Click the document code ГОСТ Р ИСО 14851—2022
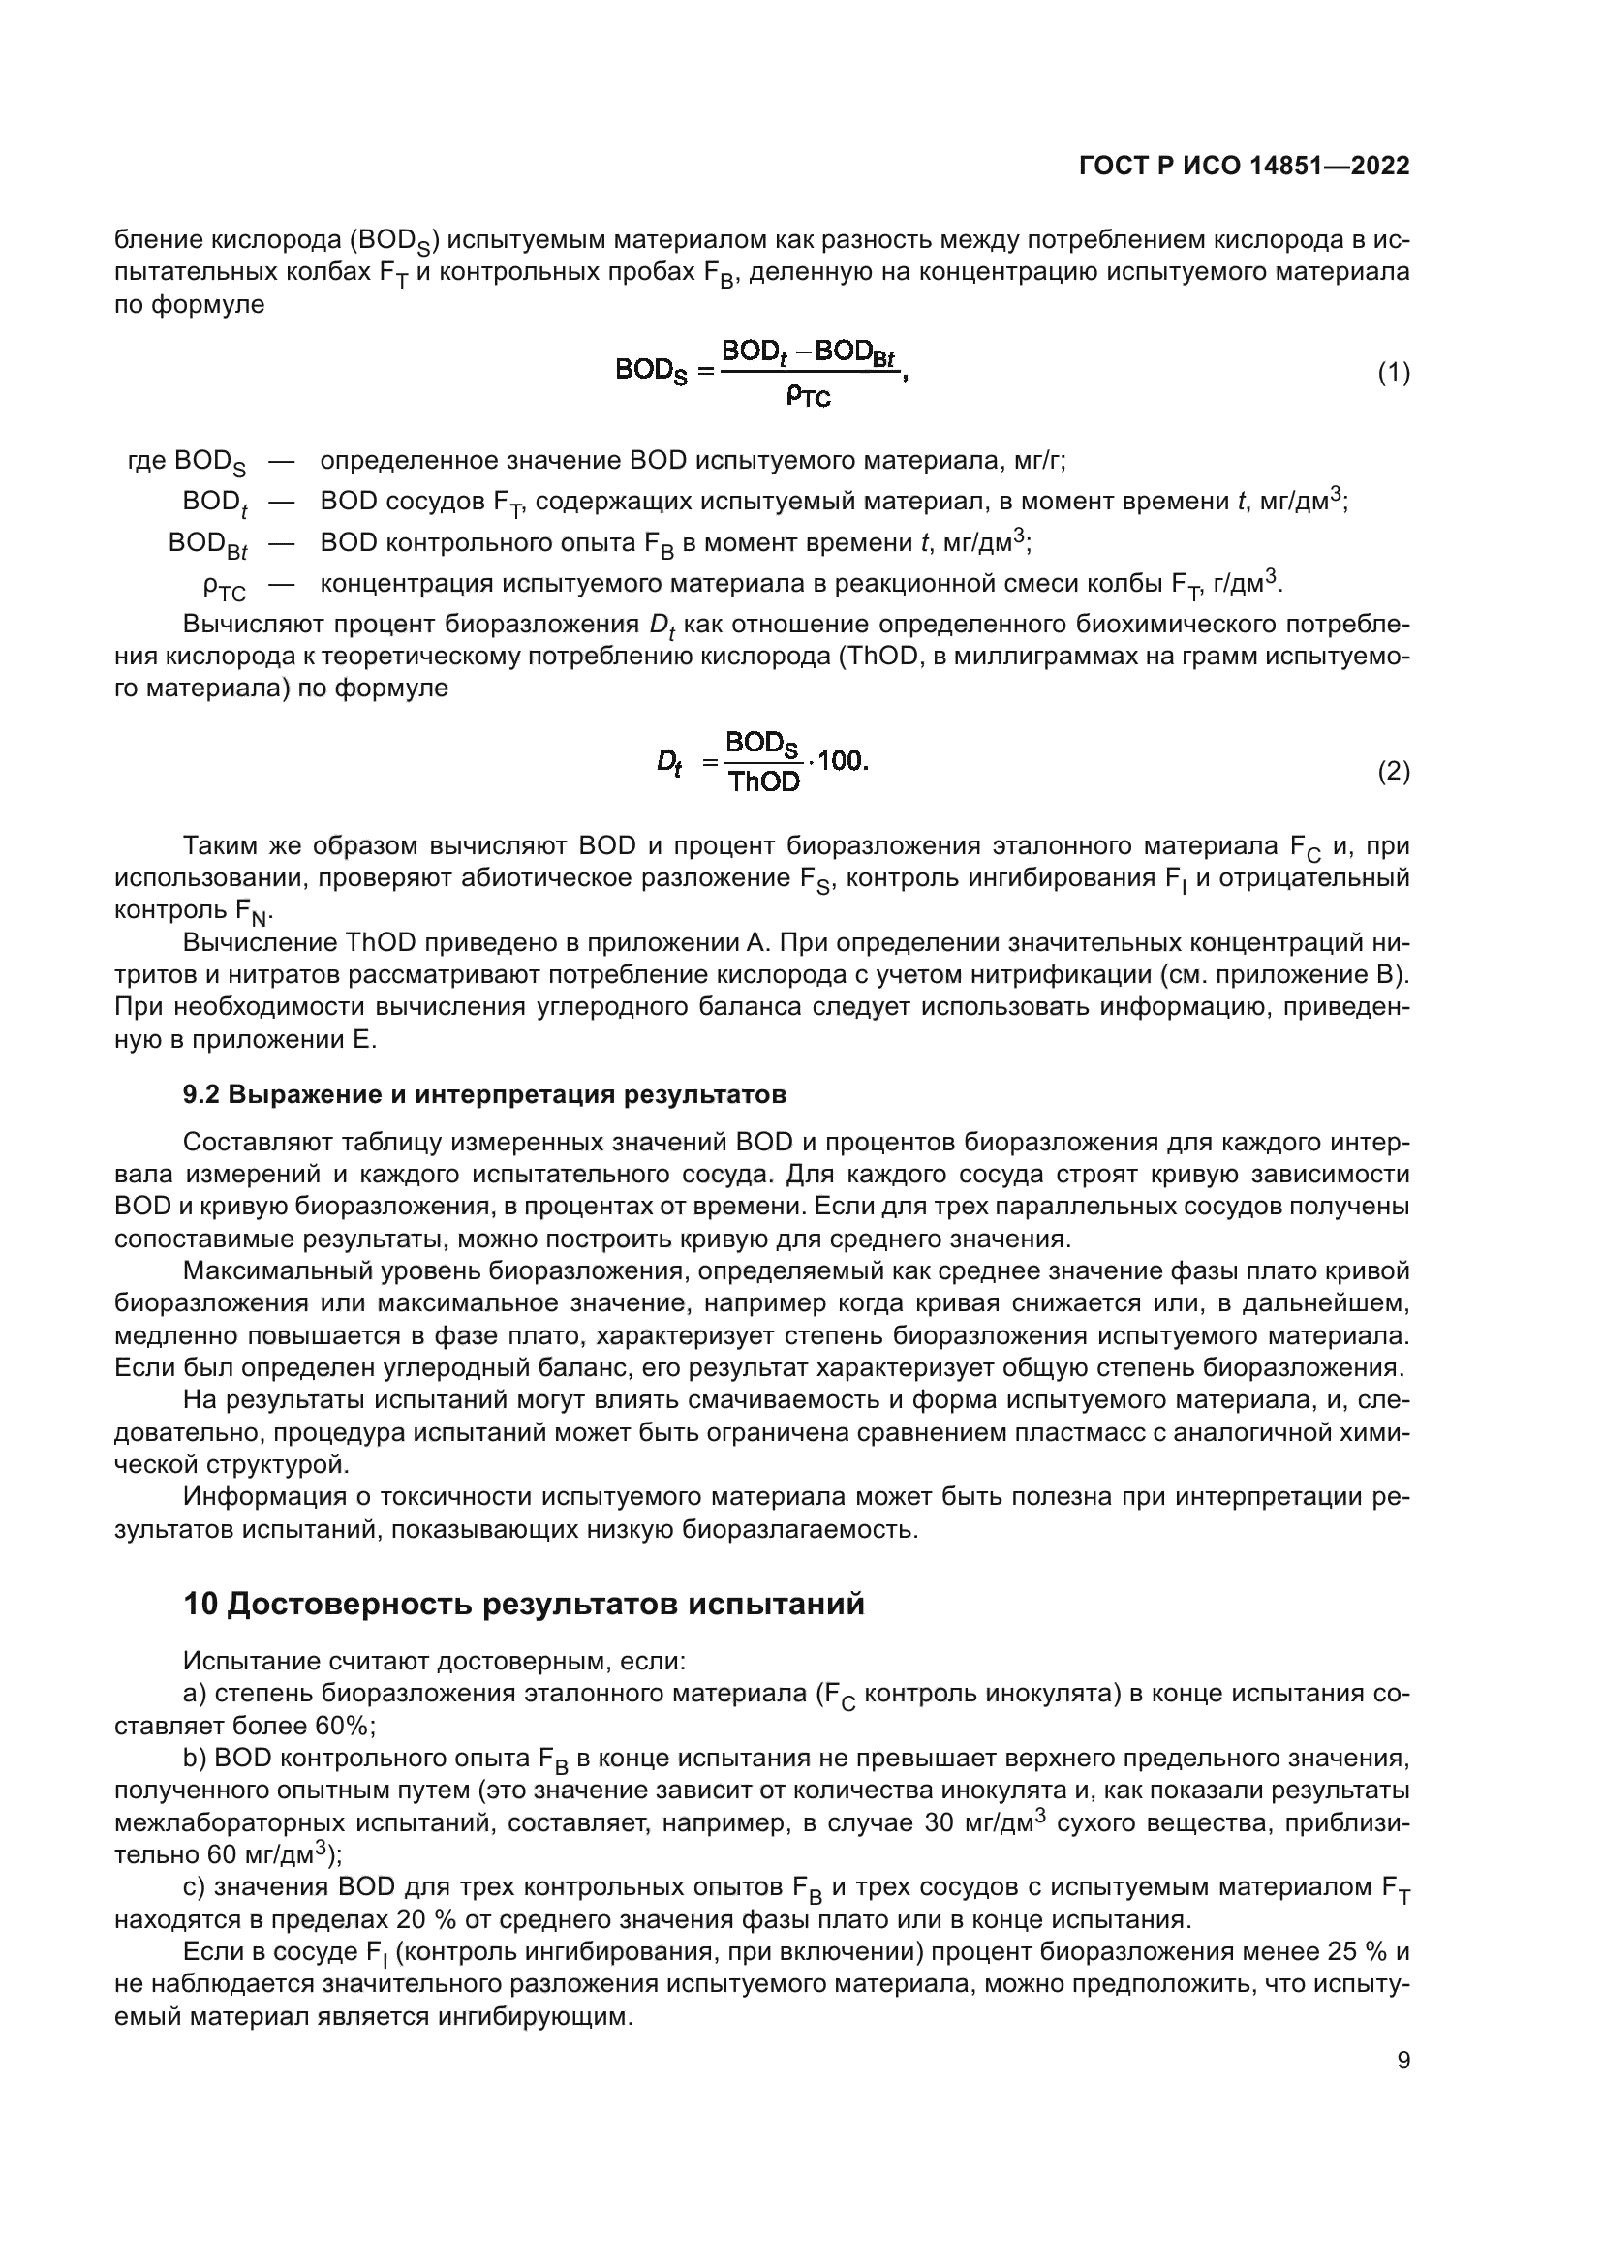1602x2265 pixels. (x=1244, y=167)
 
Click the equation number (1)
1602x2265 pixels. (x=1393, y=373)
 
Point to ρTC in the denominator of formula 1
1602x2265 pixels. (x=808, y=397)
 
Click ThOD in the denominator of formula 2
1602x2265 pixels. (x=763, y=782)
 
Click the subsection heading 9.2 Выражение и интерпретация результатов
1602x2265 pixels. (x=484, y=1094)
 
